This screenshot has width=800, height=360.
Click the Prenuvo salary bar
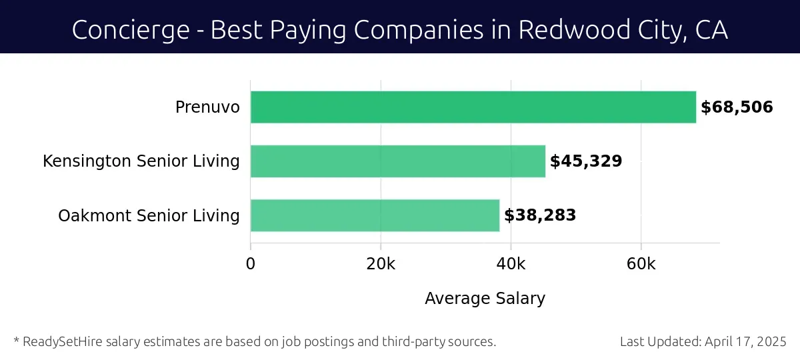click(473, 107)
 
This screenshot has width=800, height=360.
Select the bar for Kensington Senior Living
click(398, 161)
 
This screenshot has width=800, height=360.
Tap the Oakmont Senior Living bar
click(375, 215)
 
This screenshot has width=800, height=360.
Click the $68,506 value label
click(737, 107)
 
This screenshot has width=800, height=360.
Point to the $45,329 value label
click(586, 161)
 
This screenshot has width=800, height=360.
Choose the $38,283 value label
click(540, 215)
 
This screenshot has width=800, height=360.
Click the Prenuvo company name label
click(207, 107)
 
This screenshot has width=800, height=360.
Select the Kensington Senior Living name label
click(141, 161)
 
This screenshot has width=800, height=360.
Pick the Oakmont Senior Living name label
click(149, 216)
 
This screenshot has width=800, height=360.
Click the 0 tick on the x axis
click(251, 264)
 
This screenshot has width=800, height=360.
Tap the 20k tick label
click(381, 264)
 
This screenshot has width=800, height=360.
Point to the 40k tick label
click(511, 264)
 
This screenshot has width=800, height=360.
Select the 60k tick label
click(641, 264)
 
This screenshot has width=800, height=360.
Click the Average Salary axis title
click(485, 299)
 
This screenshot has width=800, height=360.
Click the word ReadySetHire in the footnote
click(59, 342)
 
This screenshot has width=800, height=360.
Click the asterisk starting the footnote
click(16, 341)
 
